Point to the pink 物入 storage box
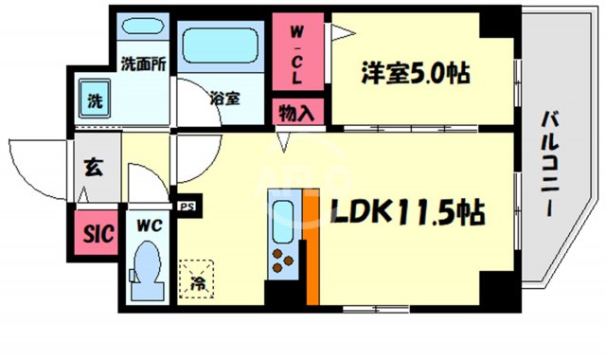coord(295,113)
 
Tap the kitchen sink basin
coord(283,219)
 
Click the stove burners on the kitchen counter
coord(283,258)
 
